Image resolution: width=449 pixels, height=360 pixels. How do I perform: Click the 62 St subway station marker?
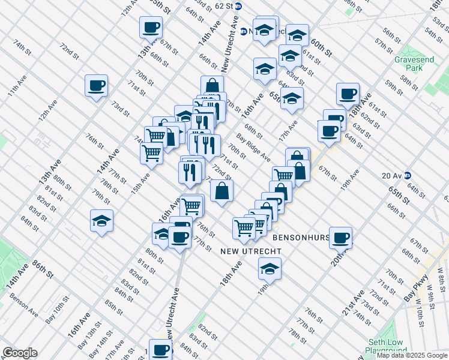coord(238,6)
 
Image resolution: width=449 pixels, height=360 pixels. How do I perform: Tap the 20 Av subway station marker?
coord(408,176)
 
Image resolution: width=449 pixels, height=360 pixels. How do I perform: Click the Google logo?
coord(19,353)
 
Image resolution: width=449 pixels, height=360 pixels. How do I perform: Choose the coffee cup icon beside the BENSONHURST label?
coord(341,238)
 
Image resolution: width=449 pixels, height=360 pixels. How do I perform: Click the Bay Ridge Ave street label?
coord(253,148)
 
